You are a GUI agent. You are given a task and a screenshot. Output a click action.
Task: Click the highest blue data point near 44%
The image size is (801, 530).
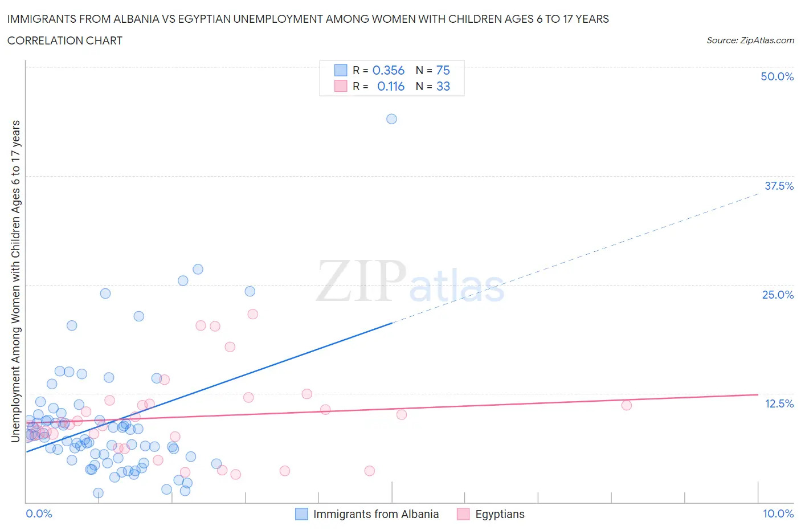pyautogui.click(x=391, y=119)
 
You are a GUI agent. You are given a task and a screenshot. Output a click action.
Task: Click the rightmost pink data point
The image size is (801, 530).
pyautogui.click(x=627, y=405)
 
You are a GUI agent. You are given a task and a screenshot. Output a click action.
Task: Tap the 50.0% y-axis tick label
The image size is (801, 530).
pyautogui.click(x=777, y=76)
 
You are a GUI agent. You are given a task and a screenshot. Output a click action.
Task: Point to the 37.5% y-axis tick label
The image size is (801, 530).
pyautogui.click(x=779, y=186)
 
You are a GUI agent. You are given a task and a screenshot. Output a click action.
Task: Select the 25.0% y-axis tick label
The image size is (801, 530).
pyautogui.click(x=778, y=295)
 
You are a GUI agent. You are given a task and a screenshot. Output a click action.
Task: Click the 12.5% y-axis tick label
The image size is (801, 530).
pyautogui.click(x=779, y=403)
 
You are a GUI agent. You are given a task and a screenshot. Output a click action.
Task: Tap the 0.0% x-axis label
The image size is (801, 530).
pyautogui.click(x=39, y=513)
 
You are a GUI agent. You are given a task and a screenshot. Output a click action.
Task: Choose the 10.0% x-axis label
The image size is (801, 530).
pyautogui.click(x=778, y=513)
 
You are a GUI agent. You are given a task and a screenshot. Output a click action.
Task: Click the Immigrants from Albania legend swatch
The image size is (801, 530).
pyautogui.click(x=301, y=514)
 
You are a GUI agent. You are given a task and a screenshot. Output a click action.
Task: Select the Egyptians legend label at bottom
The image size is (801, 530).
pyautogui.click(x=500, y=514)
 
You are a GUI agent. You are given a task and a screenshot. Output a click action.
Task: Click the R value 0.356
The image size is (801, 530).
pyautogui.click(x=388, y=70)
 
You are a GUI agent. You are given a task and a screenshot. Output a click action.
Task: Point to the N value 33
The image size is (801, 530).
pyautogui.click(x=443, y=86)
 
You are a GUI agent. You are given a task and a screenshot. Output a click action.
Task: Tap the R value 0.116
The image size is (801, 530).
pyautogui.click(x=390, y=86)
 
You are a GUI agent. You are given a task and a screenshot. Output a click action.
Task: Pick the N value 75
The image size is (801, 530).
pyautogui.click(x=443, y=70)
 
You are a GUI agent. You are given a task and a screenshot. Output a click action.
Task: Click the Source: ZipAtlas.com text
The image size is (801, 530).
pyautogui.click(x=750, y=40)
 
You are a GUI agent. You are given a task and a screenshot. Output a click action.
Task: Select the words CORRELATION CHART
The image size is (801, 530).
pyautogui.click(x=65, y=40)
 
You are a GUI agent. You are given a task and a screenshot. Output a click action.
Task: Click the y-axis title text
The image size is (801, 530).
pyautogui.click(x=15, y=282)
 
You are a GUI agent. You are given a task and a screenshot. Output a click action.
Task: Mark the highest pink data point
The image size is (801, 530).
pyautogui.click(x=252, y=314)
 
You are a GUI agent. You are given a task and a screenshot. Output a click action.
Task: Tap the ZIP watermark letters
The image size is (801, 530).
pyautogui.click(x=361, y=281)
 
